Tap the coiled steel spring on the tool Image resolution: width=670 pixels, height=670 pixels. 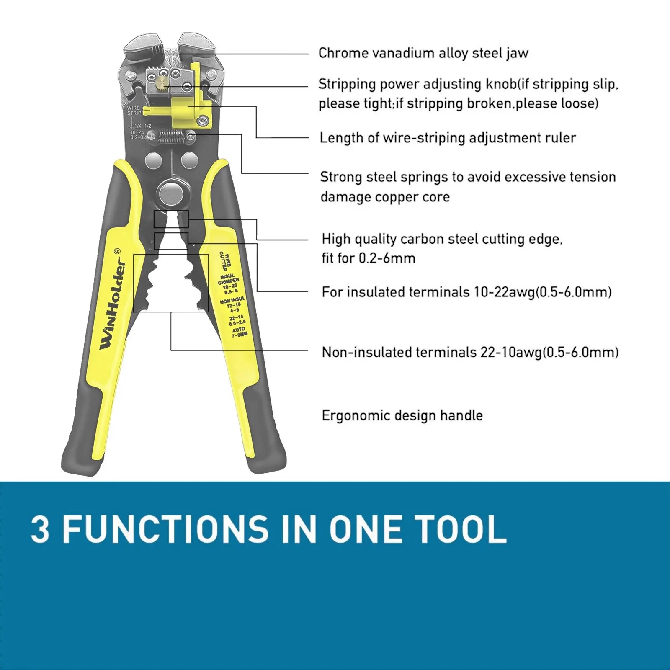[x=171, y=136]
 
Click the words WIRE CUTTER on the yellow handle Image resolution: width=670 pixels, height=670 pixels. [x=225, y=261]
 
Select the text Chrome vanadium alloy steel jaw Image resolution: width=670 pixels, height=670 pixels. [x=423, y=53]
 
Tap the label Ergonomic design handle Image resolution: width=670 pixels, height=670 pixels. [x=402, y=415]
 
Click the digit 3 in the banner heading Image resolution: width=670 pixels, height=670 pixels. [x=40, y=529]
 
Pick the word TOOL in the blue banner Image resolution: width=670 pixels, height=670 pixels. [x=460, y=529]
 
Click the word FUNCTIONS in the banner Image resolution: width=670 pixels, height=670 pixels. [x=165, y=529]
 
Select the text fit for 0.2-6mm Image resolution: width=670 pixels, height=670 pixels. [x=368, y=258]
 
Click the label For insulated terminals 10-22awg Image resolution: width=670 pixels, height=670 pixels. [x=466, y=292]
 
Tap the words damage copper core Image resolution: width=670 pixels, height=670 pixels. [x=385, y=197]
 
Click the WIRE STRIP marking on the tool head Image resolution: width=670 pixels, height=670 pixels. [x=134, y=110]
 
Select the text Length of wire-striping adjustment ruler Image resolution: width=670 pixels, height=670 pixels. [x=448, y=138]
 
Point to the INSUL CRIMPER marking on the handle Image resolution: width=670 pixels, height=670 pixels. [x=229, y=279]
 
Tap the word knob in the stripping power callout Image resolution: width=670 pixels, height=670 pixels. [x=501, y=84]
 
